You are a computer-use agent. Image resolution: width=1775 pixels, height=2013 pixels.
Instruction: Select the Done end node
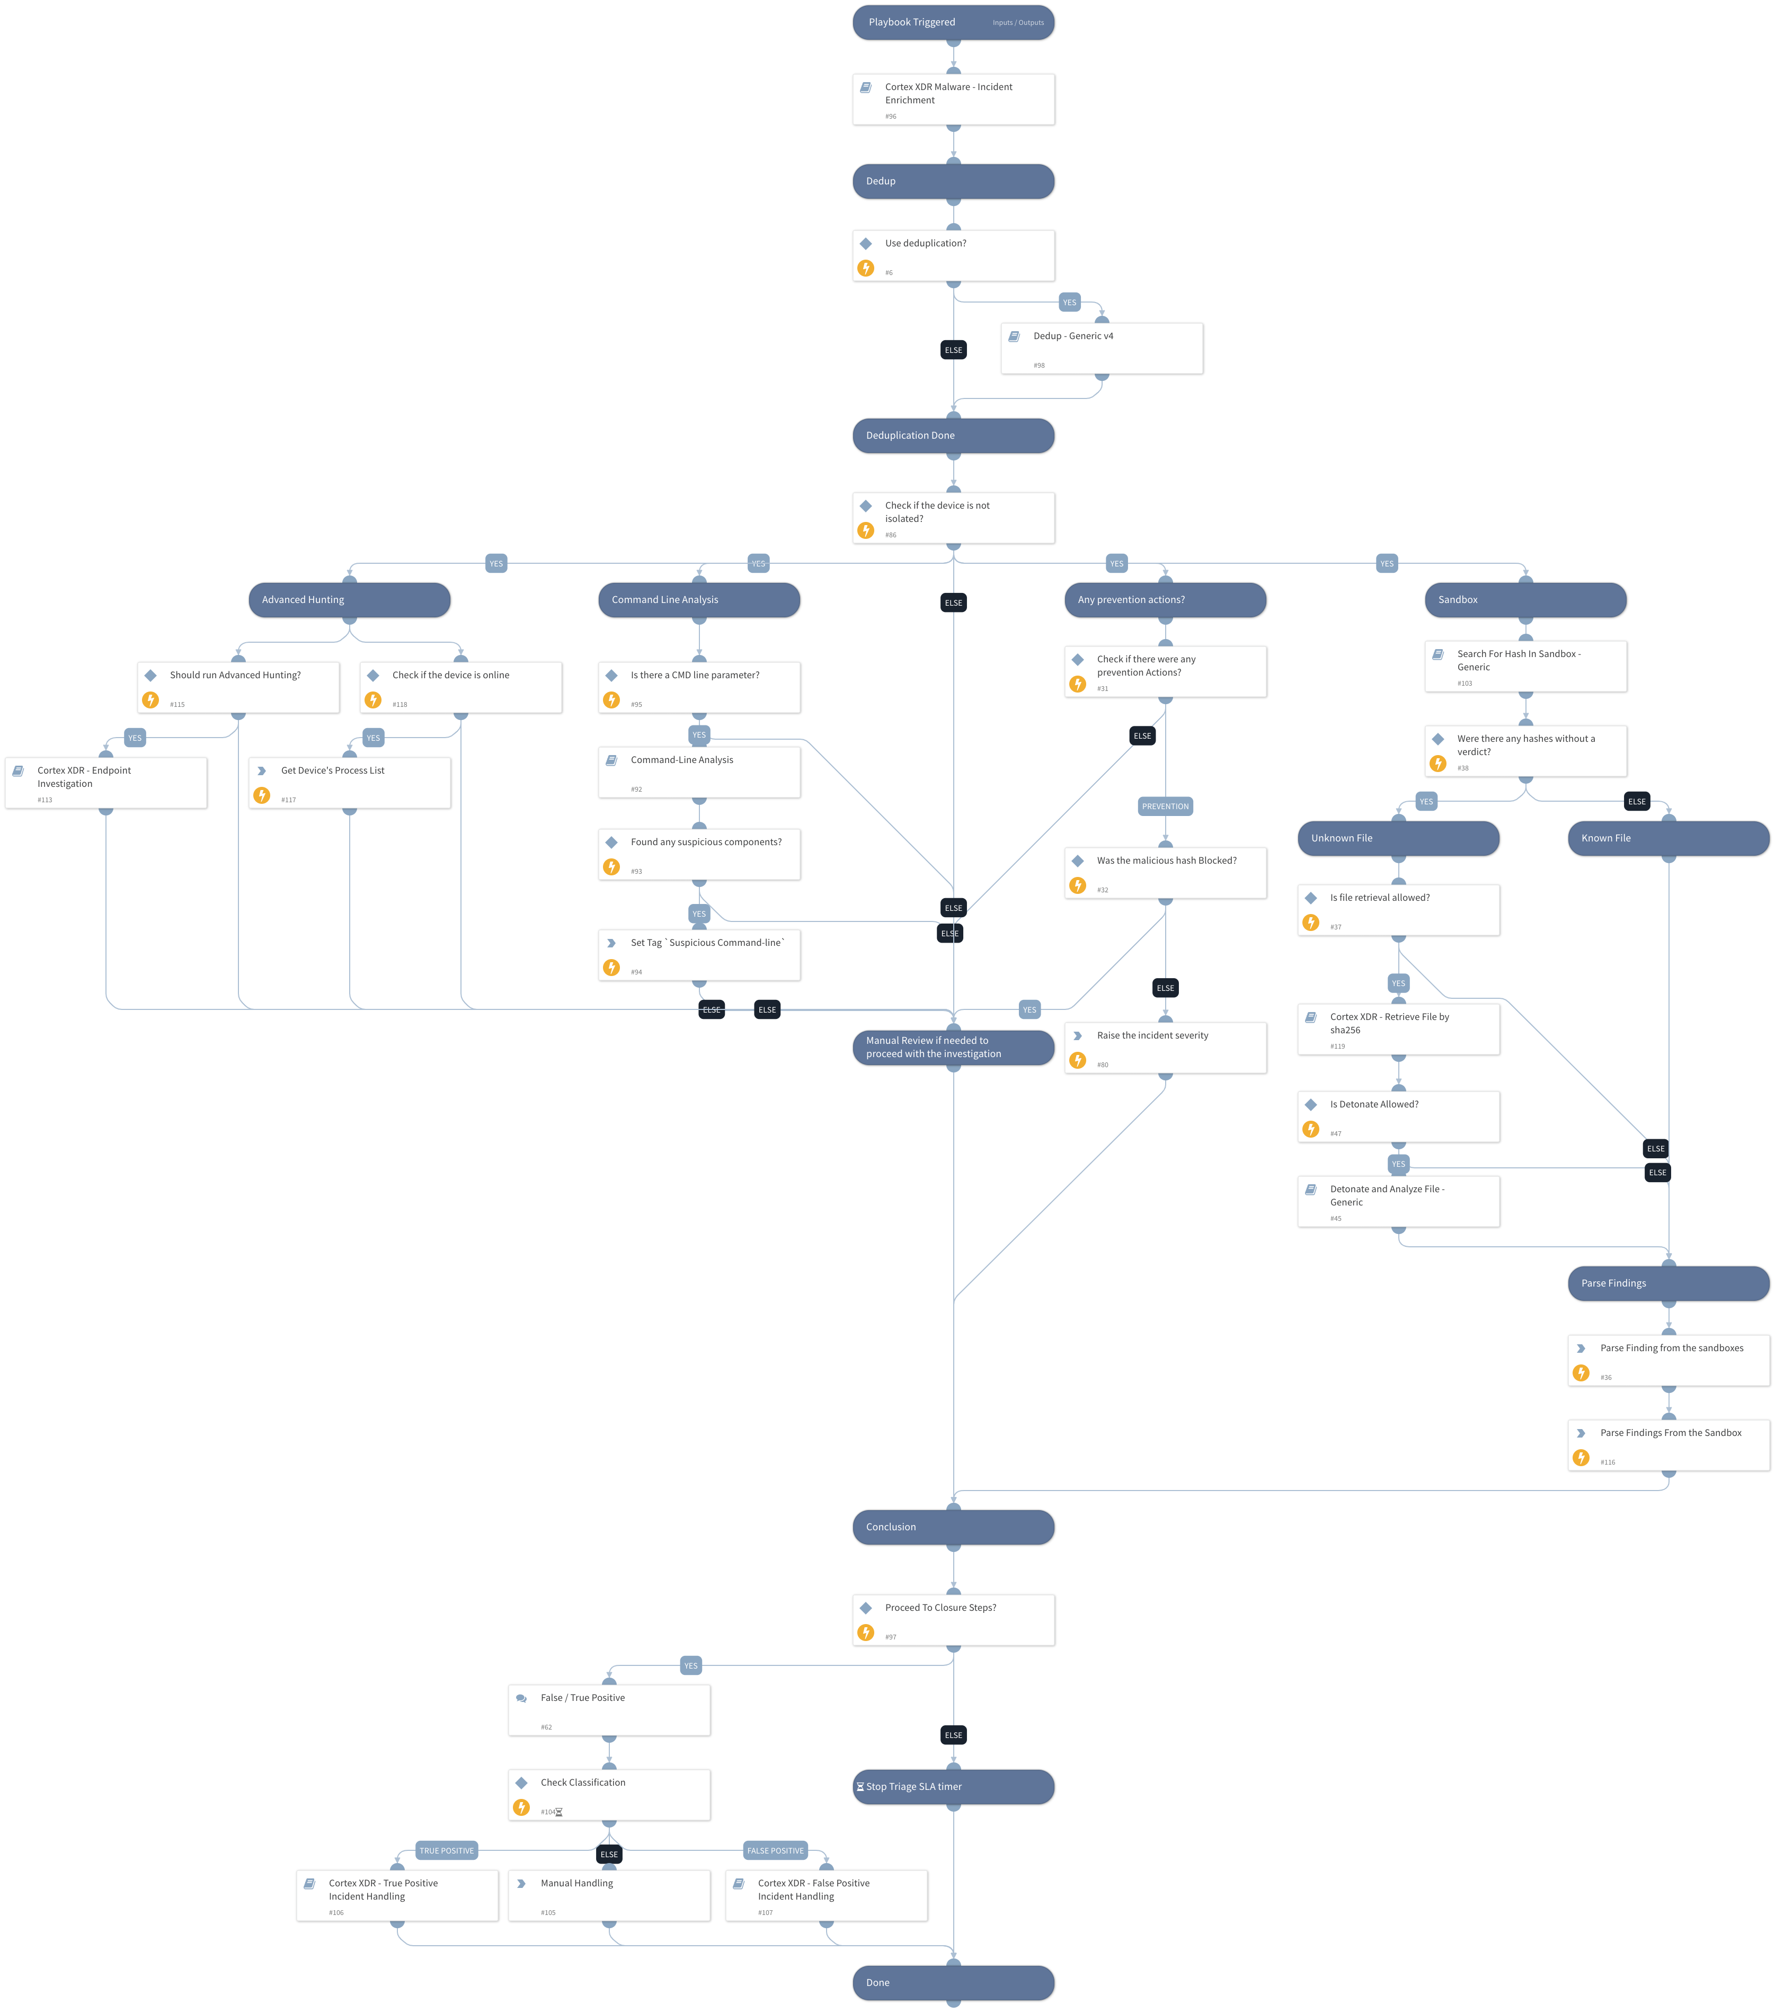pyautogui.click(x=953, y=1982)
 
